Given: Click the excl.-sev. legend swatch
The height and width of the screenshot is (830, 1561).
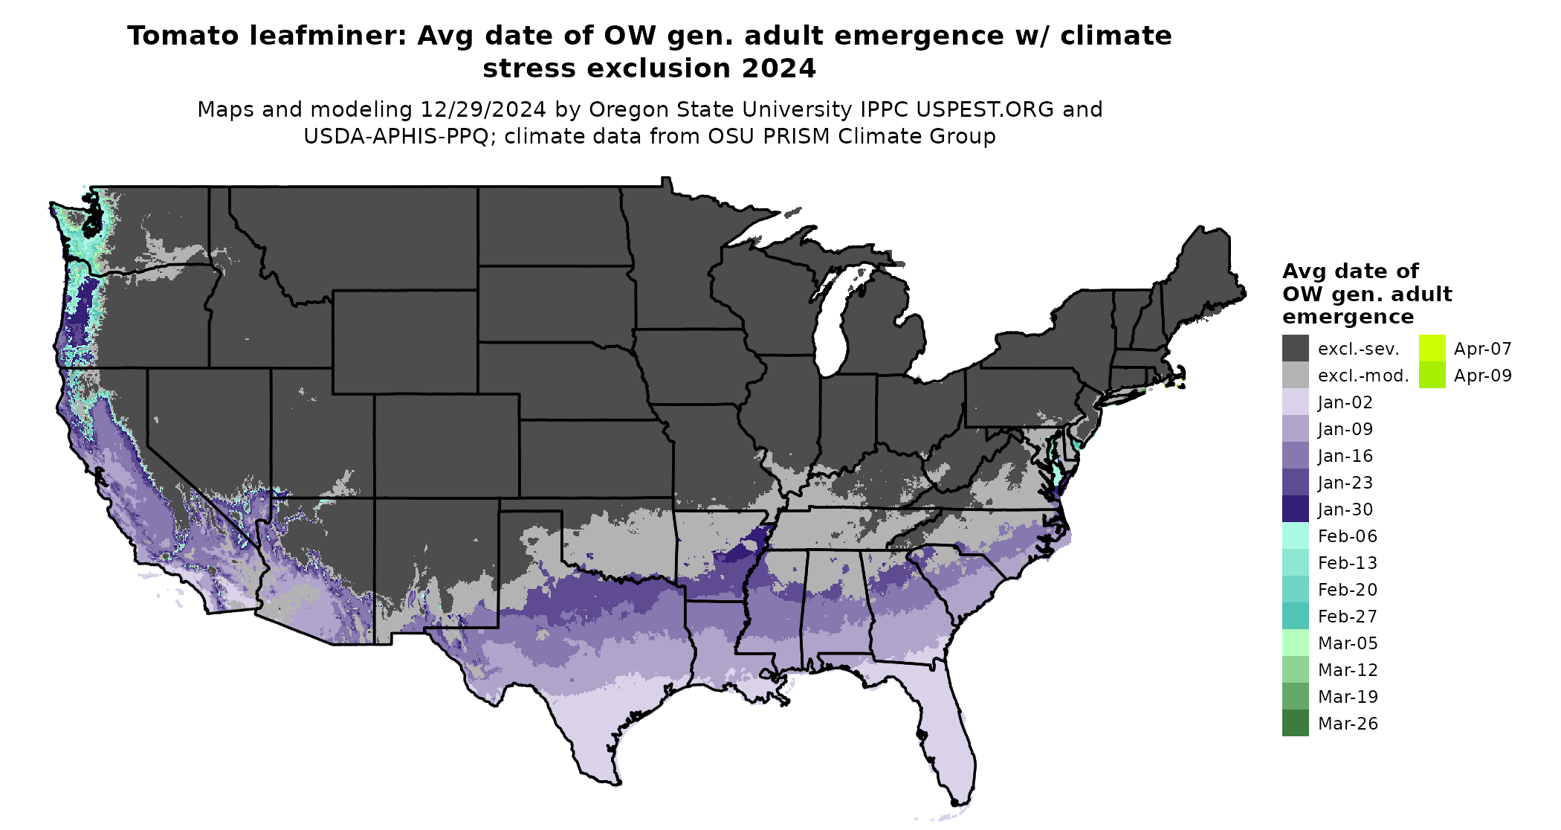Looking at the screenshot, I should (1295, 348).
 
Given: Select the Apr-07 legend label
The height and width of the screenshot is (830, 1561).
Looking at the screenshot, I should (1482, 349).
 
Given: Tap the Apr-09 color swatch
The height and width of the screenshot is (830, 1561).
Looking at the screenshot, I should (1432, 375).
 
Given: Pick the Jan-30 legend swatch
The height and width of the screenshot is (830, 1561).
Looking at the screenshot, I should (1295, 509).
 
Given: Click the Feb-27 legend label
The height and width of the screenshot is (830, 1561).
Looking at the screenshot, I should (1347, 617).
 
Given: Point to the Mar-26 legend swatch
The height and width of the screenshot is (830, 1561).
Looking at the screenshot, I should (1295, 723).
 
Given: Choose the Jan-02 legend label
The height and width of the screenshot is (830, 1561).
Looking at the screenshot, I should (1345, 402).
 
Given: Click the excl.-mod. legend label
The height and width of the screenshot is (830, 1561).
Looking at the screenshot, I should (1363, 376).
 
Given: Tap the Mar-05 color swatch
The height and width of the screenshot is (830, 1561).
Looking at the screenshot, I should (1295, 643).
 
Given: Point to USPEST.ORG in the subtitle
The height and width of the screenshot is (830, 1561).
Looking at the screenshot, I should (984, 109).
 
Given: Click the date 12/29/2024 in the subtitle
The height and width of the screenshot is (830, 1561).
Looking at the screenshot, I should (482, 109).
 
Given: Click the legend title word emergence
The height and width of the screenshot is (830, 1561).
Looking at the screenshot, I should (1348, 317).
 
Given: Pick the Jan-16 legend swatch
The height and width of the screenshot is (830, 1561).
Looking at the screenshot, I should (1295, 455).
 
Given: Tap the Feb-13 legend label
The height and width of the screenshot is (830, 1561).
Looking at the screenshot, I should (1347, 563).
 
